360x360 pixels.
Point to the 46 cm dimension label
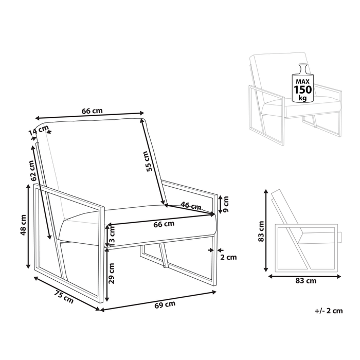[x=191, y=206]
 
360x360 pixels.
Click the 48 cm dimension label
[x=22, y=225]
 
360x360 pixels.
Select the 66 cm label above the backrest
[x=93, y=111]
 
